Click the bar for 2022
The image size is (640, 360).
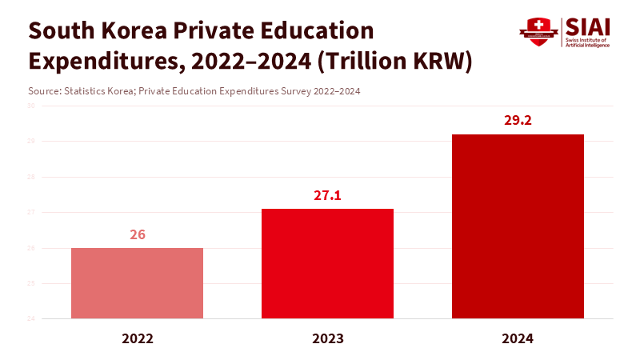tap(137, 283)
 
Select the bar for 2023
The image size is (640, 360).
tap(327, 264)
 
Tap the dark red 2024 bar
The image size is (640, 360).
tap(518, 226)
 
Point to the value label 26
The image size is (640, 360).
tap(137, 235)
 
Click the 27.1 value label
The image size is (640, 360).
tap(327, 195)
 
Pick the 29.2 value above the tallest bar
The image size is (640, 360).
tap(518, 121)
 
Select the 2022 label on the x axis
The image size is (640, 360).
tap(137, 338)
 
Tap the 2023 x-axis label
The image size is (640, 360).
tap(327, 338)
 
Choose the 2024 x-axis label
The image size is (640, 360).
tap(518, 338)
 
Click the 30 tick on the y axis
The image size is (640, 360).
tap(30, 106)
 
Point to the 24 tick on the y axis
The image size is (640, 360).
tap(30, 319)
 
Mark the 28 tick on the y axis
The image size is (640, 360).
tap(30, 177)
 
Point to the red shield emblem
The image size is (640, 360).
tap(538, 32)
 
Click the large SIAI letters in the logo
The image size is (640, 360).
tap(587, 26)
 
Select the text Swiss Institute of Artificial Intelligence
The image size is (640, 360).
tap(587, 42)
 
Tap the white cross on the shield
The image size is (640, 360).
tap(538, 25)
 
